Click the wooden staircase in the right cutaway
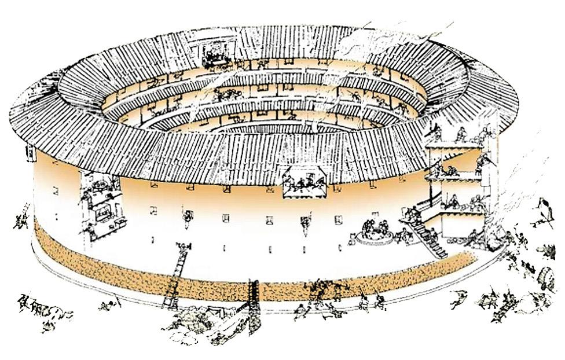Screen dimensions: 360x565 [x=429, y=237]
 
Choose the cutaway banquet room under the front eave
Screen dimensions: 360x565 [x=303, y=183]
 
